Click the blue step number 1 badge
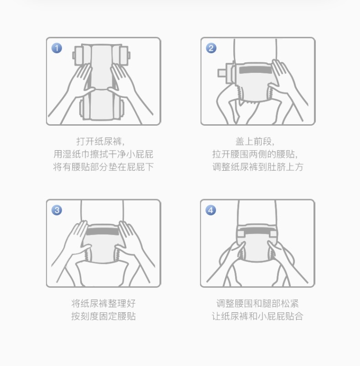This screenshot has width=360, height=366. click(x=57, y=48)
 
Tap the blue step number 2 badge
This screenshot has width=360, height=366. click(x=211, y=48)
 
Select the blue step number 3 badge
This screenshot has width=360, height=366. click(x=57, y=210)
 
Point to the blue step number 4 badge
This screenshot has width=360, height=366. click(x=211, y=210)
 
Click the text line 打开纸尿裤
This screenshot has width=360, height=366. click(x=100, y=142)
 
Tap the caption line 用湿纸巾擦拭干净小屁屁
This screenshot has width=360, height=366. click(x=103, y=154)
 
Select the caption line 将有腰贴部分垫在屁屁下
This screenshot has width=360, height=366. click(x=103, y=166)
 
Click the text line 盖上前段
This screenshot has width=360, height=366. click(x=255, y=142)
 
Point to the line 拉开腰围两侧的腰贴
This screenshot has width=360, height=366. click(x=255, y=154)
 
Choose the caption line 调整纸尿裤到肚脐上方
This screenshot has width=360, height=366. click(x=258, y=166)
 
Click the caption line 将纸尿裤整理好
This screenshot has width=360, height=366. click(x=103, y=304)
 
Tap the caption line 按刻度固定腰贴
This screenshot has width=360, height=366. click(x=103, y=316)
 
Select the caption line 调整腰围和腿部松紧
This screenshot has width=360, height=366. click(x=257, y=304)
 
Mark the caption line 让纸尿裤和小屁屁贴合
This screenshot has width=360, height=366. click(x=257, y=316)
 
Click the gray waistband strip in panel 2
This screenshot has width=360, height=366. click(x=255, y=70)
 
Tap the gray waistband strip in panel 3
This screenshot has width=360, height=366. click(x=103, y=231)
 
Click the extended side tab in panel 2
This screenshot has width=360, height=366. click(x=222, y=73)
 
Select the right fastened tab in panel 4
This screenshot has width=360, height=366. click(x=273, y=234)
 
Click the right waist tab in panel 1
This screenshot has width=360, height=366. click(x=124, y=56)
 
